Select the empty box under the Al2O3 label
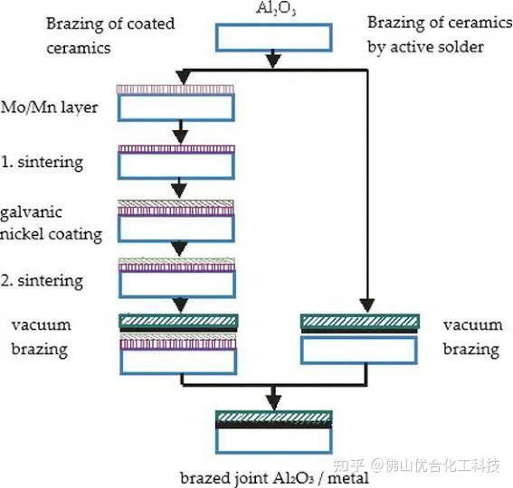tap(273, 37)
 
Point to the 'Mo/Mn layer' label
tap(49, 108)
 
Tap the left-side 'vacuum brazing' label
tap(42, 336)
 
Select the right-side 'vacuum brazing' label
tap(472, 336)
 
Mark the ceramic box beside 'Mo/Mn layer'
tap(177, 107)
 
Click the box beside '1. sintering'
tap(177, 164)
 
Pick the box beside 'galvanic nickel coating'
tap(177, 227)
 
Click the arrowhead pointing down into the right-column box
tap(365, 305)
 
